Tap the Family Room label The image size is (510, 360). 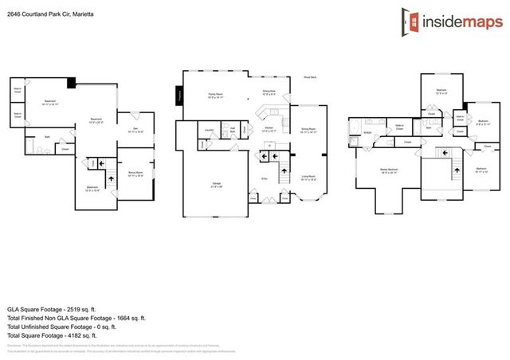(215, 95)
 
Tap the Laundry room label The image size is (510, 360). (210, 130)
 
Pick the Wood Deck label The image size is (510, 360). (310, 77)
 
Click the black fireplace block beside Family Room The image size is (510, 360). (179, 96)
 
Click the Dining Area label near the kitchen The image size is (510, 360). (269, 92)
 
